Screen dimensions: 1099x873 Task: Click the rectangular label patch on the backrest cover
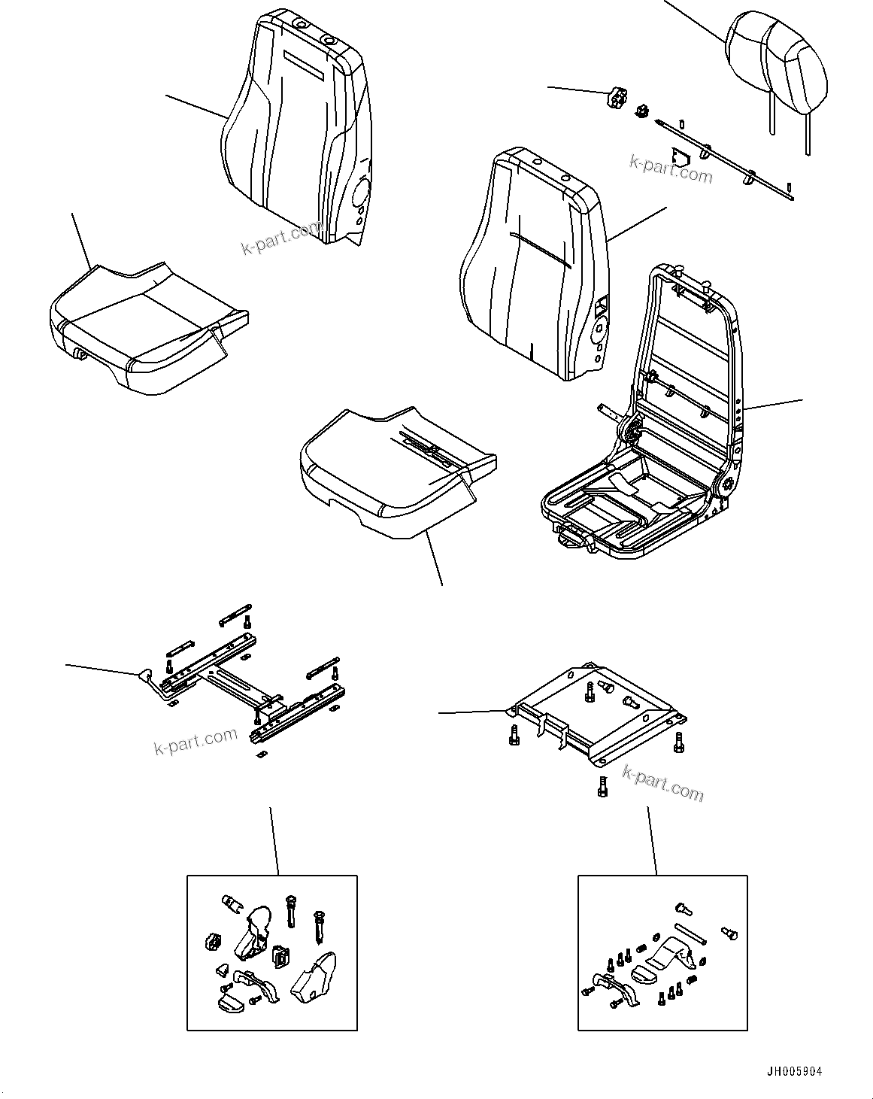pos(303,66)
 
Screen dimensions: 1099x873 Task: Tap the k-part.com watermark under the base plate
pos(663,782)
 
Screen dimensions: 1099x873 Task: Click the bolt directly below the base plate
pos(601,786)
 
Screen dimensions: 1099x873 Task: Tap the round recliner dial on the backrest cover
pos(359,193)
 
